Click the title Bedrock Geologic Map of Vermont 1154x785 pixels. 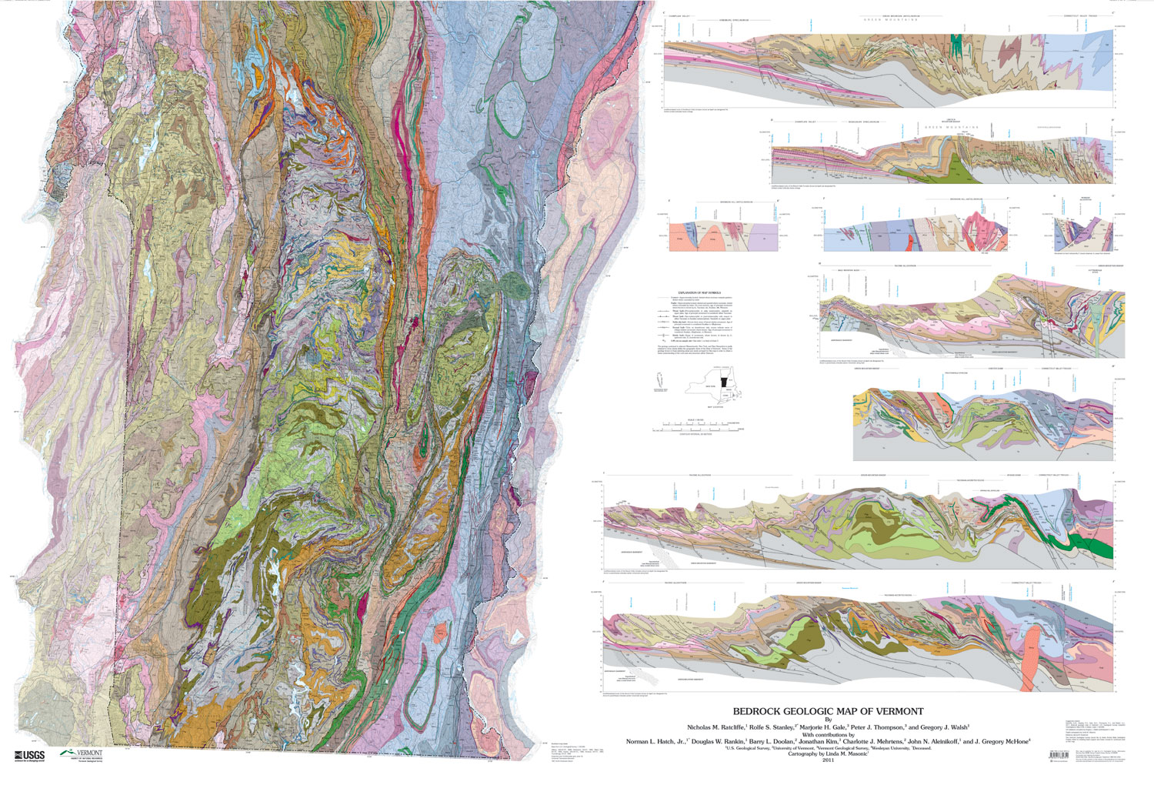828,711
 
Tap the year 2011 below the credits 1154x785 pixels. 828,760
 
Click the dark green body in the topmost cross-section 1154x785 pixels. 957,43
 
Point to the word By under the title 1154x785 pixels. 828,720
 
